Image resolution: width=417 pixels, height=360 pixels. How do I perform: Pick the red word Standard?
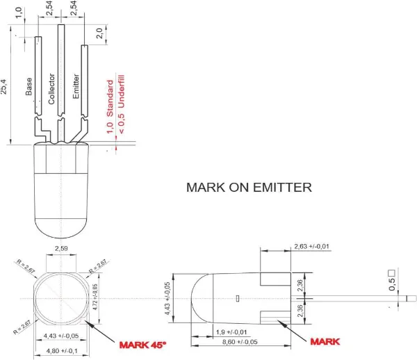click(109, 99)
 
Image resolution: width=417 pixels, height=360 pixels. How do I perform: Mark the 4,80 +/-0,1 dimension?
click(61, 352)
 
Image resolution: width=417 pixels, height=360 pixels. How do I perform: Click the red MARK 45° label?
click(143, 344)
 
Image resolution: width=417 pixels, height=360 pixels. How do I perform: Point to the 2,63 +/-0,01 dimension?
click(311, 247)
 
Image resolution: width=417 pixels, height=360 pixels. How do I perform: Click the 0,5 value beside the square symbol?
click(391, 284)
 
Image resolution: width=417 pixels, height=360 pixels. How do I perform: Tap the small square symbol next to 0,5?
click(391, 272)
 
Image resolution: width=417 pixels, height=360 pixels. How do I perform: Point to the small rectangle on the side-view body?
click(238, 299)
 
